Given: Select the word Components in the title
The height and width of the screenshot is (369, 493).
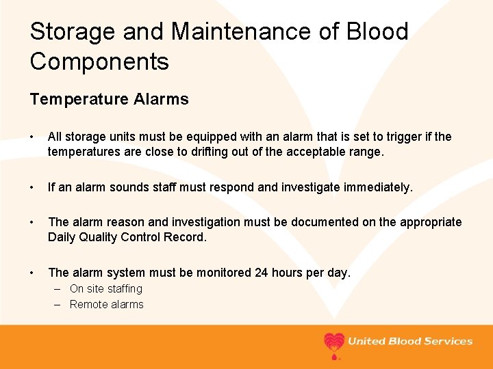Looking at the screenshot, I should [99, 62].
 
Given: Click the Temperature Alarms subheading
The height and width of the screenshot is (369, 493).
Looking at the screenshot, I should [109, 100].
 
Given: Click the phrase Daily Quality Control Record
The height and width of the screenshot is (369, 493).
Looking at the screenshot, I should [127, 237].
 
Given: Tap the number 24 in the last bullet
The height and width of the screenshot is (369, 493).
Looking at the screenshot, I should [262, 273].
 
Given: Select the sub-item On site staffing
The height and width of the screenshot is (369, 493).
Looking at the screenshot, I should [106, 289].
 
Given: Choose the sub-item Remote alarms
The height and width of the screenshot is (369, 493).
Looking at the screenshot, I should [107, 305].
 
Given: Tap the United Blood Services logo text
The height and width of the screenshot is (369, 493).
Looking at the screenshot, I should [410, 342].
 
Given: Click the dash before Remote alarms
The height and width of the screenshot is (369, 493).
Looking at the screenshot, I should [58, 305].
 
